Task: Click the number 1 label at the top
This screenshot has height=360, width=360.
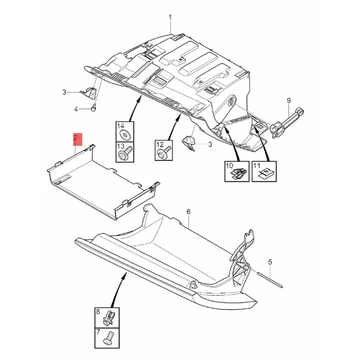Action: tap(171, 18)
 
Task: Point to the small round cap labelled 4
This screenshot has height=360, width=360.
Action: tap(94, 108)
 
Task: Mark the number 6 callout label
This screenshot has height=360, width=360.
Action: tap(189, 211)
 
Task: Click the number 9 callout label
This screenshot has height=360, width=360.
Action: tap(289, 100)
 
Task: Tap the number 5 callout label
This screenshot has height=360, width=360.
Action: tap(270, 261)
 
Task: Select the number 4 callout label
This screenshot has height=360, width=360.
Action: tap(76, 109)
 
